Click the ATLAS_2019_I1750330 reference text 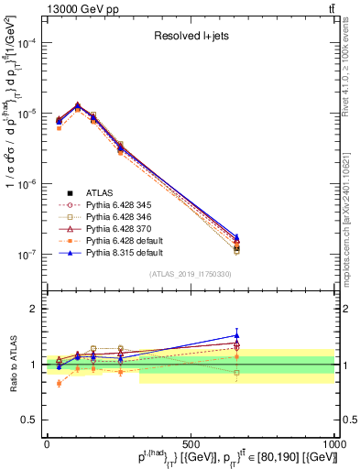(191, 274)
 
